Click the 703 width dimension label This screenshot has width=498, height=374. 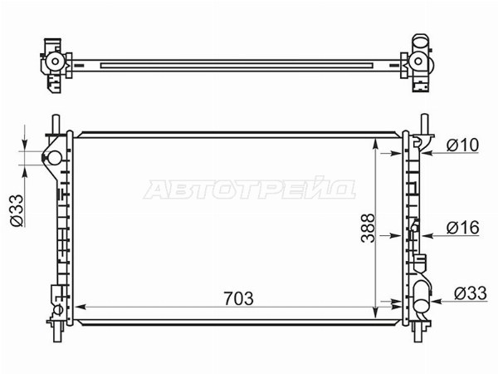pyautogui.click(x=238, y=298)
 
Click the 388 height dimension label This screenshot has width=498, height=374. pyautogui.click(x=368, y=228)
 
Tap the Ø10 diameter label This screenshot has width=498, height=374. pyautogui.click(x=462, y=145)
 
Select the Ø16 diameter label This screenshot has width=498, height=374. pyautogui.click(x=463, y=228)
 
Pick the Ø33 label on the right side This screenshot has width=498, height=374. pyautogui.click(x=470, y=293)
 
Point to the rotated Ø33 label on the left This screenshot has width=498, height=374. pyautogui.click(x=17, y=210)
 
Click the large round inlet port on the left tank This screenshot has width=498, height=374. pyautogui.click(x=54, y=158)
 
